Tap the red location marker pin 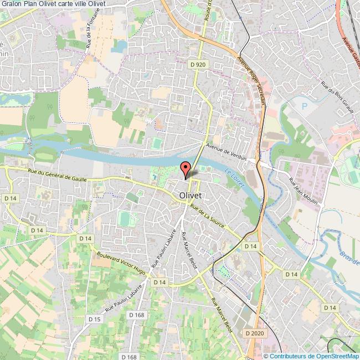[x=186, y=169]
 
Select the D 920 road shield [x=197, y=65]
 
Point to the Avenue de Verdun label [x=225, y=148]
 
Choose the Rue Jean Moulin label [x=303, y=191]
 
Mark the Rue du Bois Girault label [x=337, y=99]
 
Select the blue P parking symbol [x=304, y=105]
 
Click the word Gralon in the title [x=12, y=4]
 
